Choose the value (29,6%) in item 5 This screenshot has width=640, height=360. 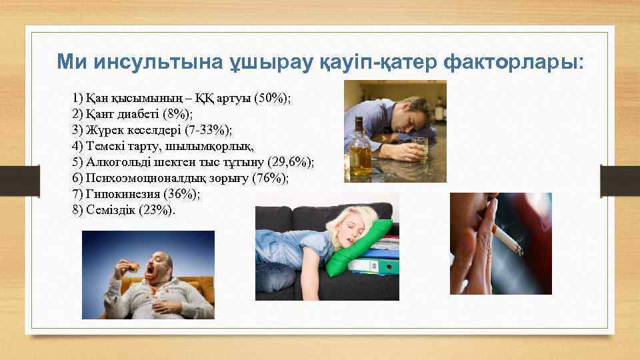290,161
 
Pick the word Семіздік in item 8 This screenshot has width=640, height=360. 111,209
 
